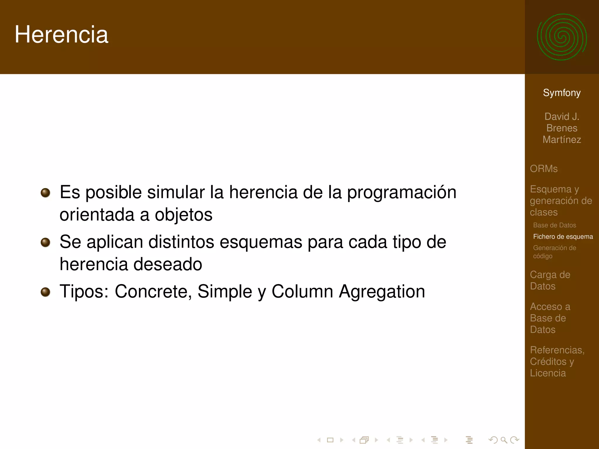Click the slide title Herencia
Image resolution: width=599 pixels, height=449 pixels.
61,34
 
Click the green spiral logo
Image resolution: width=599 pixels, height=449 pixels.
562,37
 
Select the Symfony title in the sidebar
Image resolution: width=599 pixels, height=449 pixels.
562,93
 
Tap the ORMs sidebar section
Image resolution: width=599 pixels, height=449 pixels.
543,169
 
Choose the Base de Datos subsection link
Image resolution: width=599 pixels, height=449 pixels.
554,225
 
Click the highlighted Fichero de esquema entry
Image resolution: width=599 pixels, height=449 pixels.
563,236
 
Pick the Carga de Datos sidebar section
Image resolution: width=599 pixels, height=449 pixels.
550,280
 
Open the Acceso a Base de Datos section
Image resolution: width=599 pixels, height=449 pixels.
550,318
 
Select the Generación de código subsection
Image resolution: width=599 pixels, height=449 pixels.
554,252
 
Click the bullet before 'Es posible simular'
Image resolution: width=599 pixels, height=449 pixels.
45,193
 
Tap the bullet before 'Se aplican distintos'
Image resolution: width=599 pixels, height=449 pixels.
45,242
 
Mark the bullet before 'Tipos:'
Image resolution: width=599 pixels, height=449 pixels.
45,292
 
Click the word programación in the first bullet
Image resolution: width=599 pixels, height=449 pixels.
401,193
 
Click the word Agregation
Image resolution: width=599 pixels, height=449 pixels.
382,292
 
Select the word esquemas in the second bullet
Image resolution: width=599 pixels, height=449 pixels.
261,242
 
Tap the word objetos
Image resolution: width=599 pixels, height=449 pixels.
183,215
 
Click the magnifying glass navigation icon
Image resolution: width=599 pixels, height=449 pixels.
504,440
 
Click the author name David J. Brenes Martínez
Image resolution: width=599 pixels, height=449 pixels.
562,128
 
